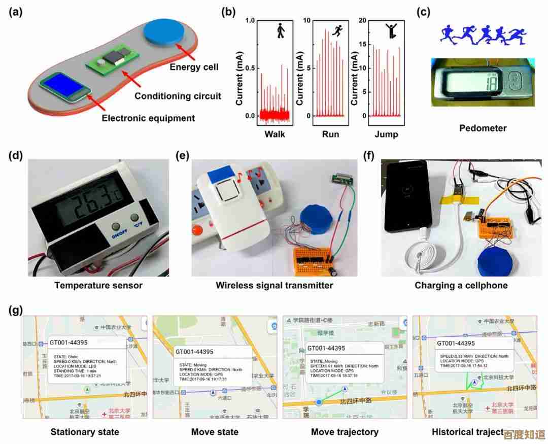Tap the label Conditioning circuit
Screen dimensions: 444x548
(x=178, y=96)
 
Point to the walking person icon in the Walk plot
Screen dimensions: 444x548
(x=280, y=31)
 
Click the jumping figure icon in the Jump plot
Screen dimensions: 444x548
(x=392, y=31)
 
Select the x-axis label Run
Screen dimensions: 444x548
(x=330, y=134)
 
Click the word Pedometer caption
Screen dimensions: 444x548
(x=483, y=128)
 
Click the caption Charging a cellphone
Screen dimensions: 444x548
(x=461, y=285)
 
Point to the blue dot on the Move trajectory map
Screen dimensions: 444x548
(x=319, y=402)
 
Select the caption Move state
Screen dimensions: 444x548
(x=215, y=432)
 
